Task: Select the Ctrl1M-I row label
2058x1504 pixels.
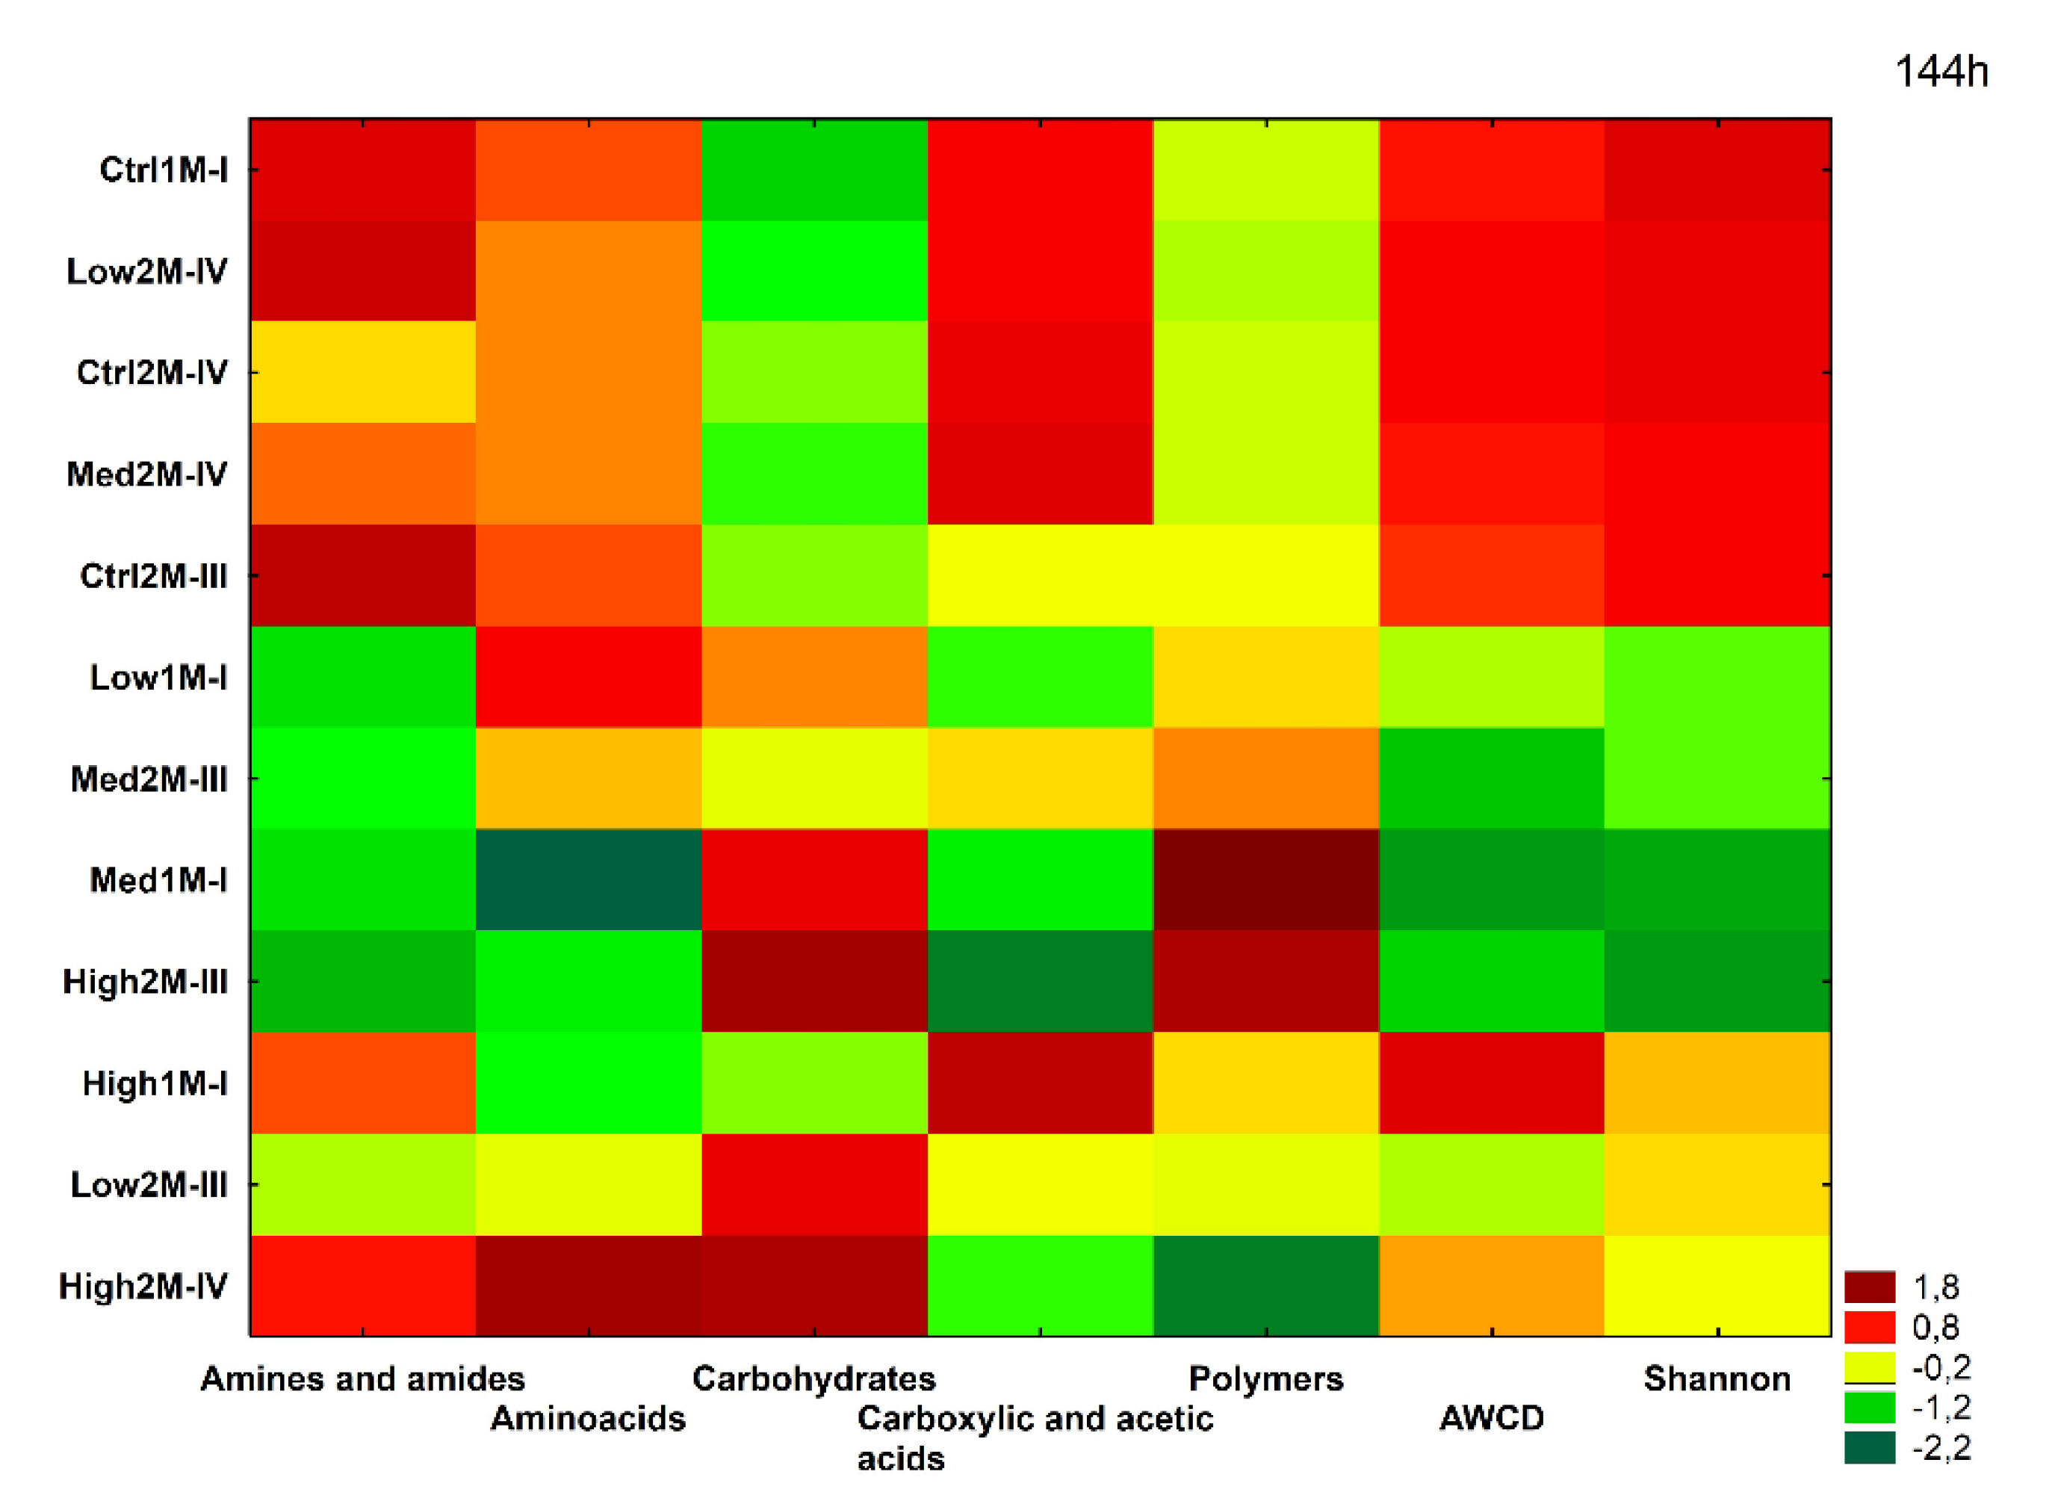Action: (163, 170)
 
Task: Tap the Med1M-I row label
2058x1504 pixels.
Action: (158, 880)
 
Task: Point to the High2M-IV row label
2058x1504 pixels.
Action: (143, 1287)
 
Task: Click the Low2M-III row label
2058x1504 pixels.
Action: (149, 1186)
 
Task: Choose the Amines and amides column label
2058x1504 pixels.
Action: (362, 1378)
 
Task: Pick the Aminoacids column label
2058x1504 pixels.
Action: (587, 1418)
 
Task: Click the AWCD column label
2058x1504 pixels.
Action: (1491, 1418)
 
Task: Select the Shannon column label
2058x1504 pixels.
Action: (1717, 1378)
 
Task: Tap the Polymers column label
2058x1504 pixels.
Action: (1265, 1378)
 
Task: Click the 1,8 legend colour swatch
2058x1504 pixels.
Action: (1870, 1287)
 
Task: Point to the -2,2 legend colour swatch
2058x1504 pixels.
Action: (1870, 1447)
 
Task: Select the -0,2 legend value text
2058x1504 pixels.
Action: (1941, 1367)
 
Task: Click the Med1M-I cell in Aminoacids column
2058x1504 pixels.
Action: (588, 879)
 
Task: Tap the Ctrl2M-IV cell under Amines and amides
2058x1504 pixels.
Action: (362, 371)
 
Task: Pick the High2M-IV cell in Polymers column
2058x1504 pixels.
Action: (1265, 1286)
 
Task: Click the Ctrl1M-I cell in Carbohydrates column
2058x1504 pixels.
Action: (813, 170)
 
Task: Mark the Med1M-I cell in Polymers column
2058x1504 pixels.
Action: (1265, 879)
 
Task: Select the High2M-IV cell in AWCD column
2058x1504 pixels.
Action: (1491, 1286)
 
